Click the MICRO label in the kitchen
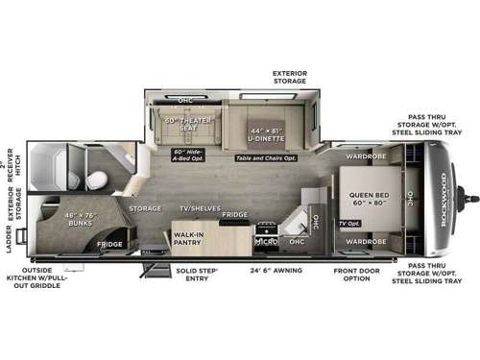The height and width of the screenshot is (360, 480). pyautogui.click(x=264, y=241)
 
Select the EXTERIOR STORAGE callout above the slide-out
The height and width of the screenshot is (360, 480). pyautogui.click(x=289, y=77)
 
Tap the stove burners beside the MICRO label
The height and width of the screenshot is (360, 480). pyautogui.click(x=264, y=228)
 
